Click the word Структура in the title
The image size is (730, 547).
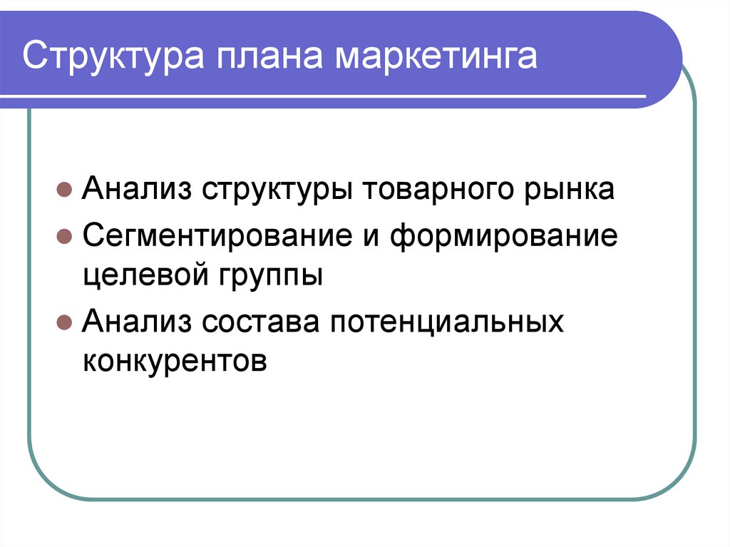pos(113,58)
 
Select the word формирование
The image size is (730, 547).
pos(503,236)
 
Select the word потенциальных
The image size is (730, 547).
pos(446,322)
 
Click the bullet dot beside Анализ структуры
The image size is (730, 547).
pos(63,192)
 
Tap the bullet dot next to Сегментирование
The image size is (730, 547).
pos(63,237)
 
